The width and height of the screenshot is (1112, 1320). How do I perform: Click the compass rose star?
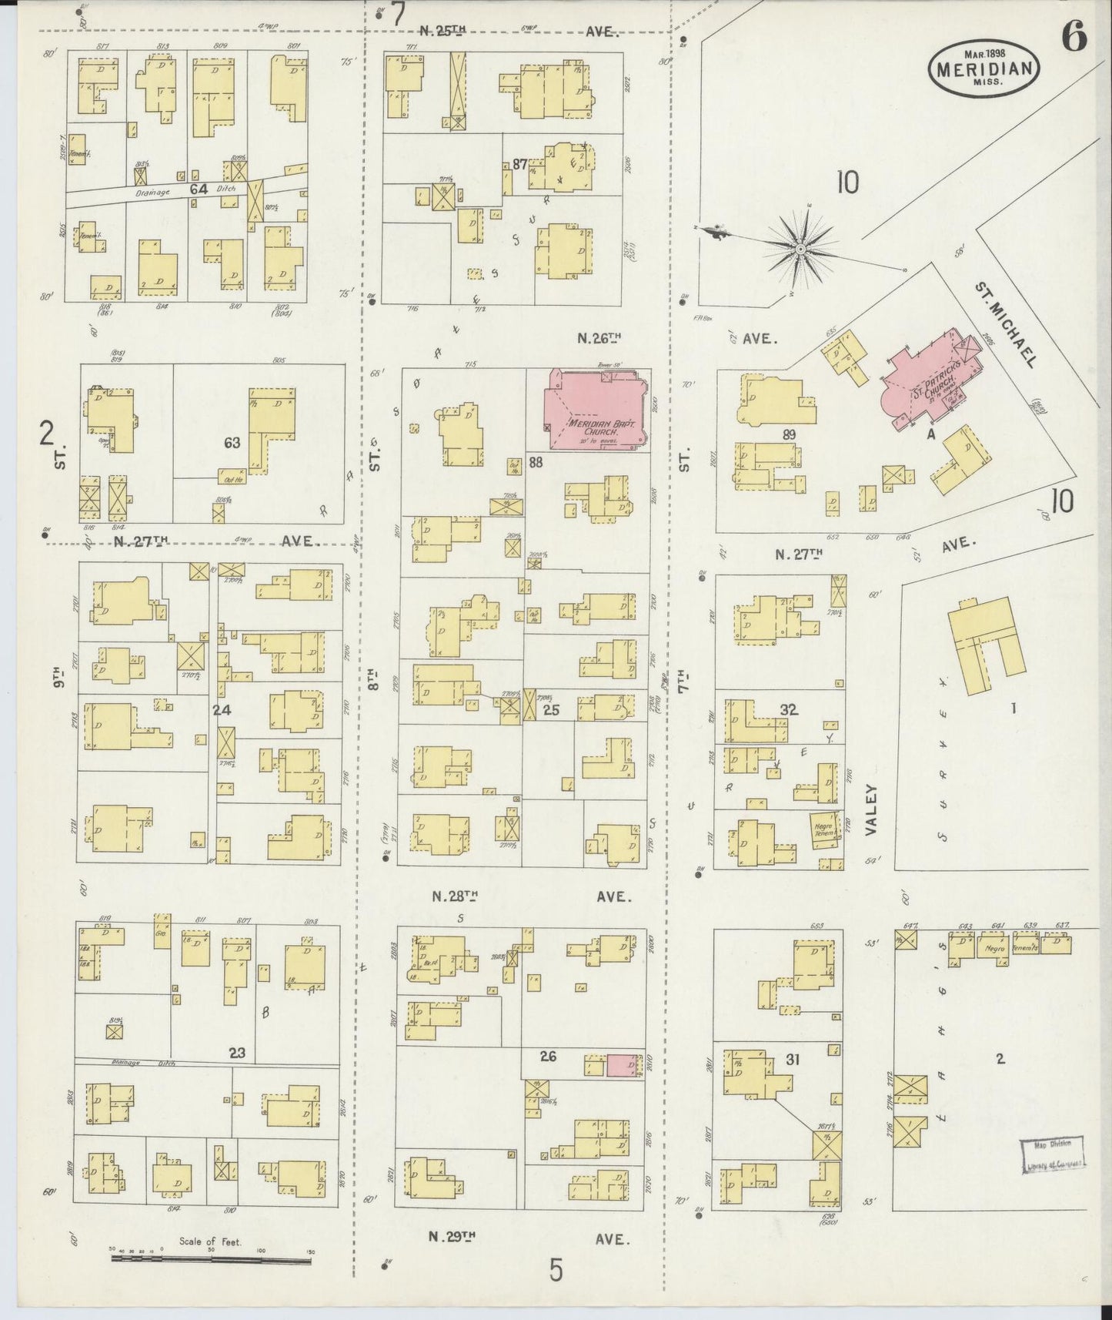(800, 249)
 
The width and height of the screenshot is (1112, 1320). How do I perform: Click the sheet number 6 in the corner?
(1075, 37)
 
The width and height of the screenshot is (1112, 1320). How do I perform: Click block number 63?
(232, 443)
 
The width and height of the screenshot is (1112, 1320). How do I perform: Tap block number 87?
(520, 164)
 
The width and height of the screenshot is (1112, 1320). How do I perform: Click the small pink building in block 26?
(623, 1066)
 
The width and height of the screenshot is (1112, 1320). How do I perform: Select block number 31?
(793, 1060)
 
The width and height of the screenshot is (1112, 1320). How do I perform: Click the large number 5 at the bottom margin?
(556, 1270)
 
